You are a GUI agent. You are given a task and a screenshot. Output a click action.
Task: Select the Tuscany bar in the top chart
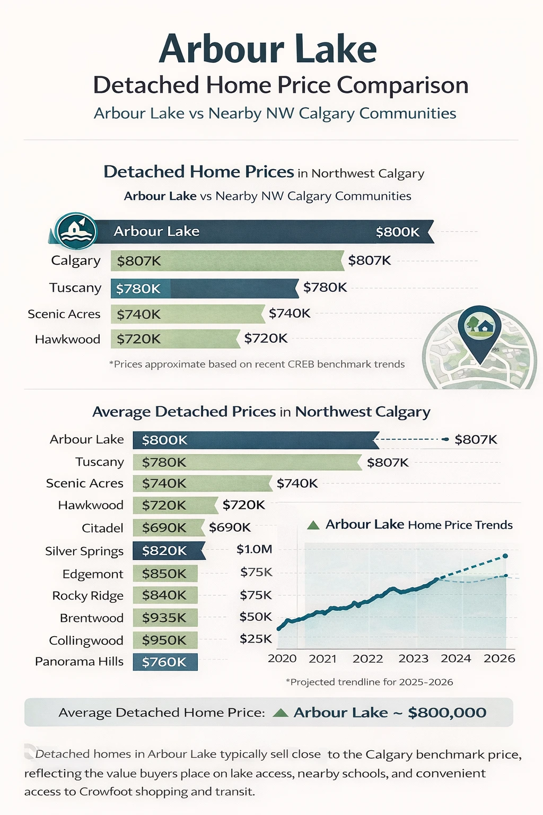(204, 289)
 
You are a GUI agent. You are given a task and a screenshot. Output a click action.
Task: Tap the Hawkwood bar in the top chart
(175, 339)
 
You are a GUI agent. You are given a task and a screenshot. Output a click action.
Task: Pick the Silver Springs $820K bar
(167, 551)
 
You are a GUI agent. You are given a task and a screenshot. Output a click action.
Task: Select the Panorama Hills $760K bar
(164, 662)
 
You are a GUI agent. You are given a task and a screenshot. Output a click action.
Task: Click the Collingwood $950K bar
(164, 640)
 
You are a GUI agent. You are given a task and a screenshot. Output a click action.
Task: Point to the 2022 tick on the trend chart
(367, 658)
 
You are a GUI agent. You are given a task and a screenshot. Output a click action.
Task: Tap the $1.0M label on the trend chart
(254, 549)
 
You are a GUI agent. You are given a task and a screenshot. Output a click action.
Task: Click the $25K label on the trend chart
(255, 639)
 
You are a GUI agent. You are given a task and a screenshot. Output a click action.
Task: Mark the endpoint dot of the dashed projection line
(505, 556)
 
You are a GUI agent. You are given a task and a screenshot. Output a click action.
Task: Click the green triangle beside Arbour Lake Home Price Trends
(313, 525)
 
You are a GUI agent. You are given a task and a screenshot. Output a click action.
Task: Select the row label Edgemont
(93, 574)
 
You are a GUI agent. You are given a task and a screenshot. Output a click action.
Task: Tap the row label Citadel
(102, 528)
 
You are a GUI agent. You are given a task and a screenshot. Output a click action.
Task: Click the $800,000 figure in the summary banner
(446, 713)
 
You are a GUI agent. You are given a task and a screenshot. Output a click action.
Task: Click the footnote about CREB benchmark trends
(257, 365)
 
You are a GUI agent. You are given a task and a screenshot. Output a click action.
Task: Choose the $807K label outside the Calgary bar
(369, 261)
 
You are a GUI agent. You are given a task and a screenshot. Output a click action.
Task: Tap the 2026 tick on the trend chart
(499, 658)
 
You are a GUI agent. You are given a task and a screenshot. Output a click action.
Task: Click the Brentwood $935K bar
(164, 618)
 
